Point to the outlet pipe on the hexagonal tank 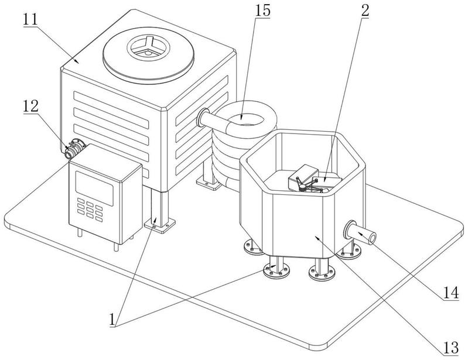(x=360, y=235)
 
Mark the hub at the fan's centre (x=148, y=49)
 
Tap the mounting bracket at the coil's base (x=208, y=183)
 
